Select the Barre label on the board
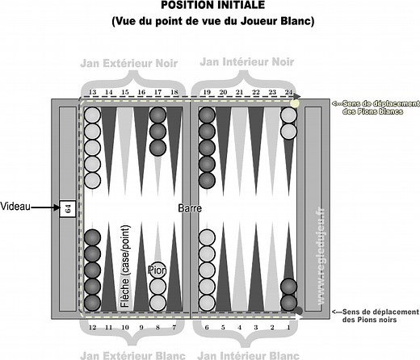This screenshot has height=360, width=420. [x=191, y=207]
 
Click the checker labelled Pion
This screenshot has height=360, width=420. [x=157, y=270]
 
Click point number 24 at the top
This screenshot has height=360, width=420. [x=288, y=92]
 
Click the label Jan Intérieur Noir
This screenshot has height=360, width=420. [x=247, y=61]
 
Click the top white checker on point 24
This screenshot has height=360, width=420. [x=288, y=115]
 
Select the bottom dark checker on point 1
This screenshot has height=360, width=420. [x=288, y=302]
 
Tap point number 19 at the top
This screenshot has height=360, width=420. [x=207, y=92]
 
